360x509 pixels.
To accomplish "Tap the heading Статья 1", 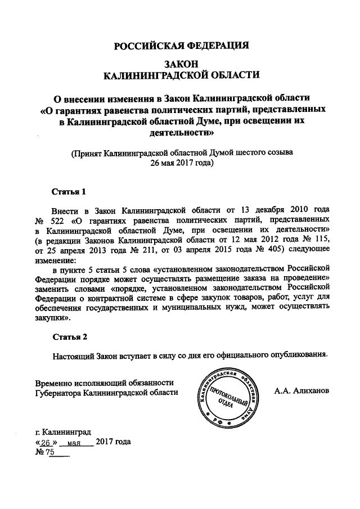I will [69, 191].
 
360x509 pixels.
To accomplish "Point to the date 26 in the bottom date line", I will [46, 443].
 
